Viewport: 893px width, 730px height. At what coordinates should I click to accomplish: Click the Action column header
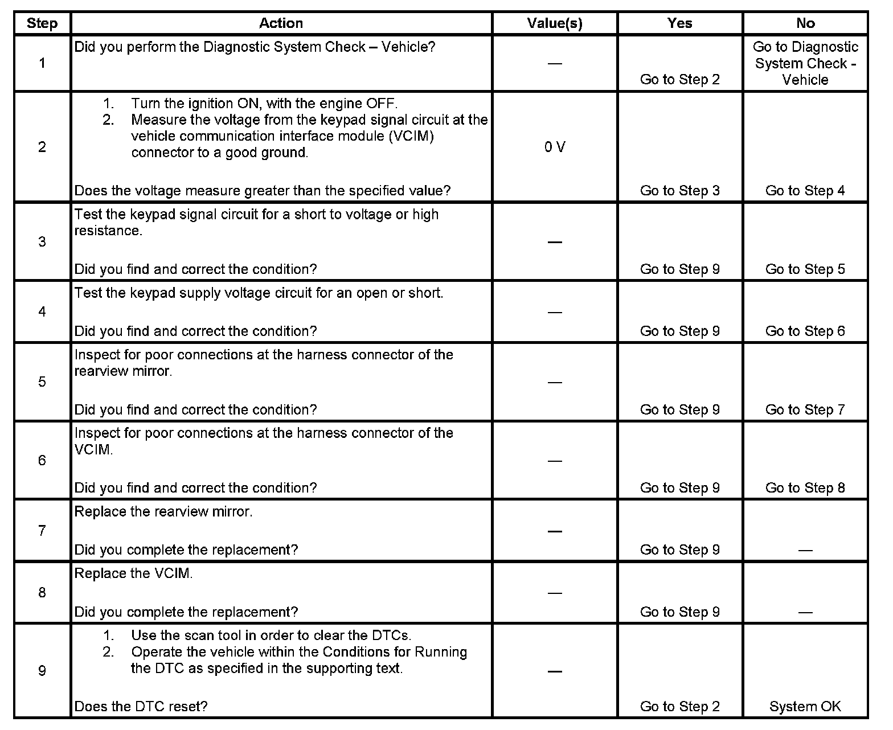pyautogui.click(x=281, y=23)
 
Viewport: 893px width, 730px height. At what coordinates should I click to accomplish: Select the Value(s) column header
pyautogui.click(x=555, y=23)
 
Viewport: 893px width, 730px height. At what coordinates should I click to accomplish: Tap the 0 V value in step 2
pyautogui.click(x=555, y=147)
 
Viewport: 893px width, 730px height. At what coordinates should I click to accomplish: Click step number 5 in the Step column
pyautogui.click(x=42, y=382)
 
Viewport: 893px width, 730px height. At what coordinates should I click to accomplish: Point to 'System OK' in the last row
pyautogui.click(x=805, y=707)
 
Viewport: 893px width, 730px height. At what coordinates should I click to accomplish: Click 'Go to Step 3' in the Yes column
pyautogui.click(x=679, y=191)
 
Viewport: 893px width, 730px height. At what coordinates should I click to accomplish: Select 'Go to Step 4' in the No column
pyautogui.click(x=805, y=191)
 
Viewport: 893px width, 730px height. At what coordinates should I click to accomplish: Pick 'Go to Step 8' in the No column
pyautogui.click(x=805, y=488)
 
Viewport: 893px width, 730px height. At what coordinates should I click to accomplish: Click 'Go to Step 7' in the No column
pyautogui.click(x=805, y=410)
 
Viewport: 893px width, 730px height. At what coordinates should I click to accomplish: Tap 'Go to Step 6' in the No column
pyautogui.click(x=805, y=331)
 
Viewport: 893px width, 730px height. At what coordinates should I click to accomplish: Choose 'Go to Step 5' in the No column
pyautogui.click(x=805, y=269)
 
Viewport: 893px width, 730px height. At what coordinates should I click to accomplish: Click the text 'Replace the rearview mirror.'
pyautogui.click(x=163, y=512)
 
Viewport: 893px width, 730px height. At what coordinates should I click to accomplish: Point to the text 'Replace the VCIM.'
pyautogui.click(x=134, y=574)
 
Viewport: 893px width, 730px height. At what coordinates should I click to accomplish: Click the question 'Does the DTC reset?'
pyautogui.click(x=141, y=707)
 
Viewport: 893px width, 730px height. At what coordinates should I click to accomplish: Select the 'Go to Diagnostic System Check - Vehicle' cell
pyautogui.click(x=805, y=63)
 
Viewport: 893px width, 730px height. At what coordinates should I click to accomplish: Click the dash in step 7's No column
pyautogui.click(x=805, y=550)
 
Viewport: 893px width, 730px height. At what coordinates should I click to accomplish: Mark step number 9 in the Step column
pyautogui.click(x=42, y=671)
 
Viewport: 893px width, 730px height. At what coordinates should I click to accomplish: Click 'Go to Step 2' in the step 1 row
pyautogui.click(x=679, y=80)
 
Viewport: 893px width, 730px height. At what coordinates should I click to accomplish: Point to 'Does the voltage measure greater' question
pyautogui.click(x=263, y=191)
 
